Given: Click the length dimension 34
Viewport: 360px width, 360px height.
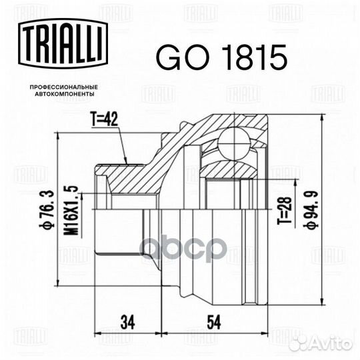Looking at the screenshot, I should tap(127, 322).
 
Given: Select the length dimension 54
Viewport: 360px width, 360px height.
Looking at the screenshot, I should tap(213, 322).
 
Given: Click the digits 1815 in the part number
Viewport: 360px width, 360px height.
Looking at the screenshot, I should tap(244, 58).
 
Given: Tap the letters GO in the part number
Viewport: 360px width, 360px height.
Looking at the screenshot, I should tap(175, 58).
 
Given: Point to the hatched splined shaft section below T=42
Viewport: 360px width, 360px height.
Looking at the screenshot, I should tap(130, 177).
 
